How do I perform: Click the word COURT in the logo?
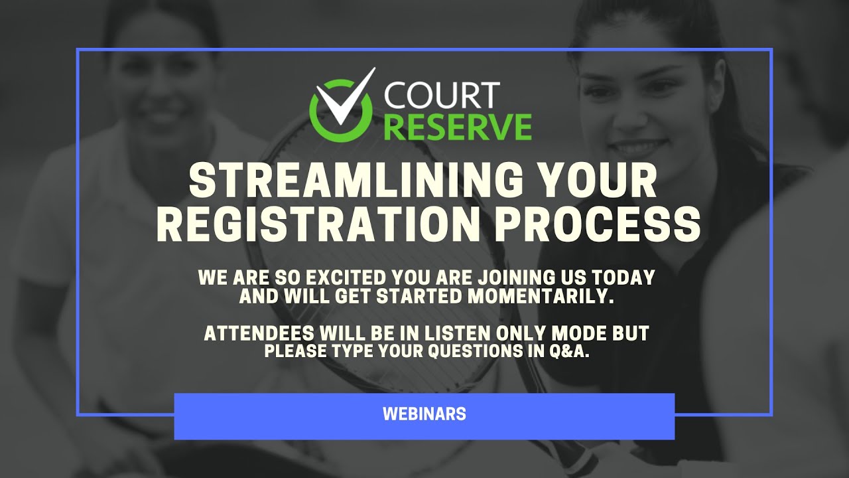[x=441, y=96]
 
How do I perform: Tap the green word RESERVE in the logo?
[x=458, y=127]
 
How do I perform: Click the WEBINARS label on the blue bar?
[x=424, y=414]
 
